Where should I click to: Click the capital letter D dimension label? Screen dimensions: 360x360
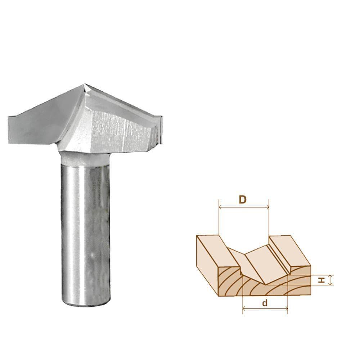tap(243, 200)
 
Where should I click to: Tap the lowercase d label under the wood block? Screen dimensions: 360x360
tap(265, 303)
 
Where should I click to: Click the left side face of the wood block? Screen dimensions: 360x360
tap(207, 266)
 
